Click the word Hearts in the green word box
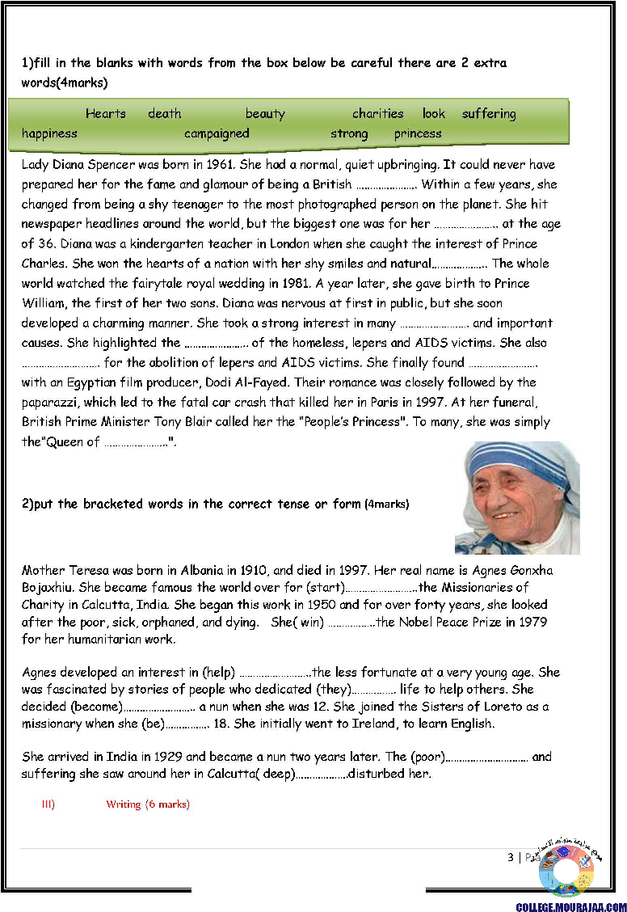point(106,114)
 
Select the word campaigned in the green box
point(217,133)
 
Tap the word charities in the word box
point(377,114)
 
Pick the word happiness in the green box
point(49,133)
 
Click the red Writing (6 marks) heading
point(148,804)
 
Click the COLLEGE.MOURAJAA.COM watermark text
point(571,907)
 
